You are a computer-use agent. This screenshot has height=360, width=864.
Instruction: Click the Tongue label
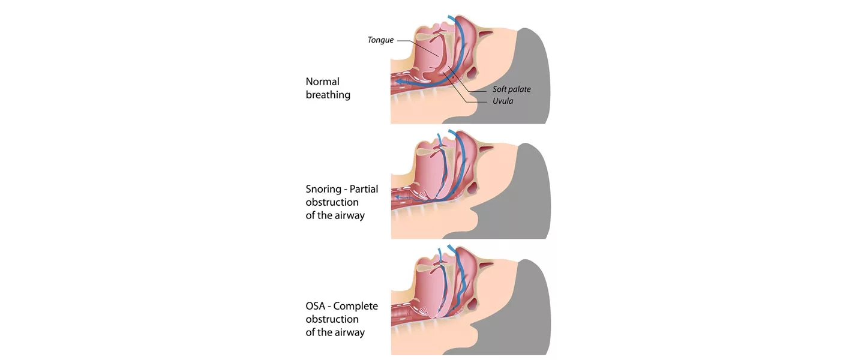380,40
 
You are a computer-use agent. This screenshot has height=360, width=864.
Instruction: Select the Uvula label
503,101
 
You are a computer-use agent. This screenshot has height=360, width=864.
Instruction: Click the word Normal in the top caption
322,82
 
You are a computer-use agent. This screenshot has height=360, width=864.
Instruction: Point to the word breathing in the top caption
328,95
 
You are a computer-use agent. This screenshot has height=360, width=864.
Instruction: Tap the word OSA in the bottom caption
316,306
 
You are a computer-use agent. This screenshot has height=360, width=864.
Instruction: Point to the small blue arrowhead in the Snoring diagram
398,196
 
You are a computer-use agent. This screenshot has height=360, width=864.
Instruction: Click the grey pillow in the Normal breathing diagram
531,78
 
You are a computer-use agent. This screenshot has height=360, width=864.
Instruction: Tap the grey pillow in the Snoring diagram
531,192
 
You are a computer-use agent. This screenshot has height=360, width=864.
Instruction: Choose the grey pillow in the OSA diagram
531,309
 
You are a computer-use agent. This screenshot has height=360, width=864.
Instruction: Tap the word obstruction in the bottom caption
332,319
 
